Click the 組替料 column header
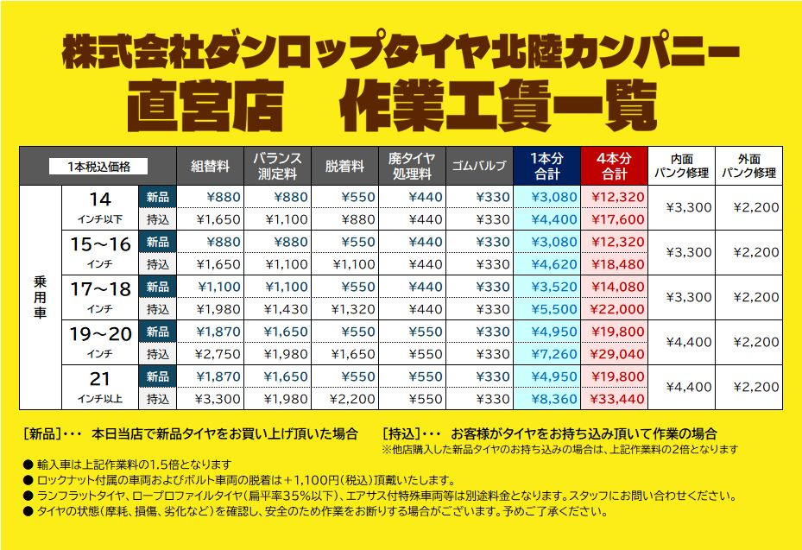(x=211, y=166)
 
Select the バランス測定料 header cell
(x=278, y=166)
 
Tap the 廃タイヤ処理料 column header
(x=412, y=166)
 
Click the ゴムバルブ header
(x=479, y=166)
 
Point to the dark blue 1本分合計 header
(x=547, y=166)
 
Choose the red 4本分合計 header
(x=615, y=166)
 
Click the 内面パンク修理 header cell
(x=682, y=166)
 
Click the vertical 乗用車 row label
(x=41, y=298)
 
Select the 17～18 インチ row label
(x=100, y=297)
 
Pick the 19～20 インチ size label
(x=100, y=342)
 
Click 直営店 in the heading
(x=204, y=106)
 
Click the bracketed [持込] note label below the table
(x=401, y=433)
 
